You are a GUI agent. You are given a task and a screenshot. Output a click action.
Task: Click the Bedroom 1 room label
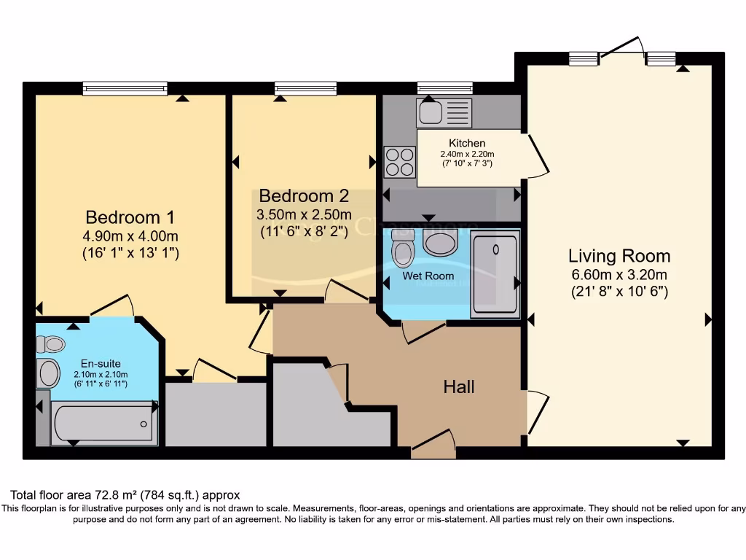click(x=130, y=217)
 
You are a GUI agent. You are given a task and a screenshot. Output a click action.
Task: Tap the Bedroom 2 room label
click(x=304, y=196)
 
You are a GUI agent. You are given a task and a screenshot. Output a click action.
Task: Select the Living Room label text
click(x=619, y=256)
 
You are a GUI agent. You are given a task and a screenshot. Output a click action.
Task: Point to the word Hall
click(x=459, y=386)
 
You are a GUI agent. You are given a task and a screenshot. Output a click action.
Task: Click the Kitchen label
click(x=467, y=143)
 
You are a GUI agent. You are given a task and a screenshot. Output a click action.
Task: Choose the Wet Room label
click(x=428, y=276)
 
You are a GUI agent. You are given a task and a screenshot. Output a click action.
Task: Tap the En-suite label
click(x=101, y=363)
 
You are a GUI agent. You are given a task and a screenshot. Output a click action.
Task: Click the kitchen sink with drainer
click(x=444, y=113)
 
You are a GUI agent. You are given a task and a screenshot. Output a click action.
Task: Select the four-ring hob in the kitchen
click(x=399, y=162)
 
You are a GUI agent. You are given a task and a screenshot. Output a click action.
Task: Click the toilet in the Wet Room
click(x=402, y=249)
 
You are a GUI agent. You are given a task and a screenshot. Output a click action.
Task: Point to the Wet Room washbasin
click(x=440, y=243)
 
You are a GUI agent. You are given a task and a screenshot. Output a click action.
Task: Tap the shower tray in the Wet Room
click(x=495, y=273)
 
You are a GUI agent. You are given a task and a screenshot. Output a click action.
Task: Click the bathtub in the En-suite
click(x=105, y=423)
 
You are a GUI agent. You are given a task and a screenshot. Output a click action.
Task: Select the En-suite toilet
click(x=51, y=344)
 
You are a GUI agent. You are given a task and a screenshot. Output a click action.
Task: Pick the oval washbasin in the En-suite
click(x=49, y=373)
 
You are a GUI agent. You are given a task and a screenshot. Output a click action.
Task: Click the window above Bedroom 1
click(x=125, y=89)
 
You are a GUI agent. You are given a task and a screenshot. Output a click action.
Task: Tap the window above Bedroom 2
click(x=306, y=89)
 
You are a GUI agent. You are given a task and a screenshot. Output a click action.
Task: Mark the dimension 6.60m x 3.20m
click(x=619, y=275)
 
